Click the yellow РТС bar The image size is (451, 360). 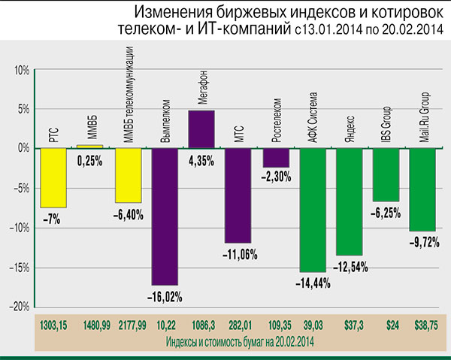tap(53, 177)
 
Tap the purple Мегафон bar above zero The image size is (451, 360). tap(201, 129)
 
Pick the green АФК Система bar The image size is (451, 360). tap(313, 210)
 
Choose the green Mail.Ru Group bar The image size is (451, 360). tap(423, 189)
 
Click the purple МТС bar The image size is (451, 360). tap(239, 195)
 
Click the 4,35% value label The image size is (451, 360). tap(201, 160)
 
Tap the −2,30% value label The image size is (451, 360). tap(276, 177)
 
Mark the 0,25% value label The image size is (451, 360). tap(90, 159)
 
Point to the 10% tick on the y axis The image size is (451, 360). tap(20, 70)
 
